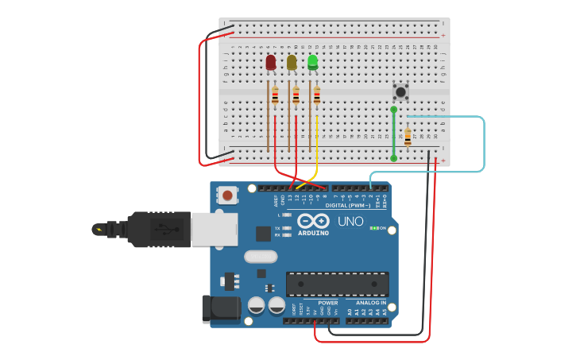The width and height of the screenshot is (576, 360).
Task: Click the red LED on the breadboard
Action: [271, 62]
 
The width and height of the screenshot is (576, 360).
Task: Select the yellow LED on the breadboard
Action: [292, 62]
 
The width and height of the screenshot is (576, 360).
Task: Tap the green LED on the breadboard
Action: [312, 61]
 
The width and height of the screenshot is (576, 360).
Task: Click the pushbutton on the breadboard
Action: [400, 92]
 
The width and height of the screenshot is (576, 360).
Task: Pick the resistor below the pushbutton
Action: [408, 137]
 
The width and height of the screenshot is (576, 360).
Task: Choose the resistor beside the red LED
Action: [275, 96]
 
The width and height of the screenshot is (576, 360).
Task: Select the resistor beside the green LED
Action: [317, 95]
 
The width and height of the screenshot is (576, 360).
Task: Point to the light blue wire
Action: [483, 143]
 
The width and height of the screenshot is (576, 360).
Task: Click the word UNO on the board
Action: [350, 221]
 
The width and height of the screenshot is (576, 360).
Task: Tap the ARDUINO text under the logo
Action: [313, 233]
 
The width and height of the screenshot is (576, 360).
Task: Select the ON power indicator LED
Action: [373, 228]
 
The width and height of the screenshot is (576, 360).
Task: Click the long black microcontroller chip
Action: [337, 284]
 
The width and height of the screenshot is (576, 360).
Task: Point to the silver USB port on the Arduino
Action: [214, 230]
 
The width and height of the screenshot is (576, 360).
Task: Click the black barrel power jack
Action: [220, 309]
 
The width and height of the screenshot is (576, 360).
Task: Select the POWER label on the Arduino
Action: [327, 303]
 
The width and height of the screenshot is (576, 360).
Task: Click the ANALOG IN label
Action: [370, 303]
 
